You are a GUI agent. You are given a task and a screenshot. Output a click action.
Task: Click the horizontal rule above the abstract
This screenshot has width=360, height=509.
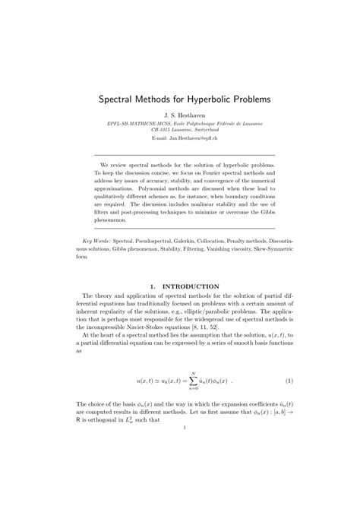[x=180, y=153]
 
